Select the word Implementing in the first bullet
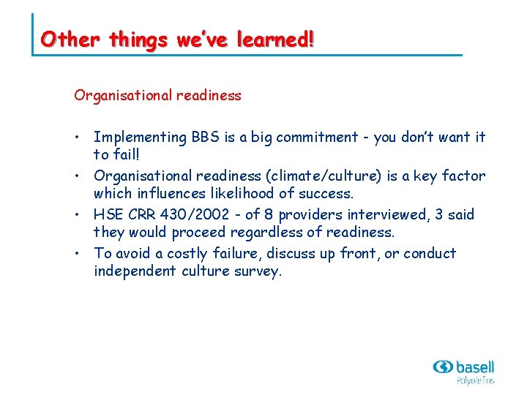point(141,138)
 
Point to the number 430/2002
point(195,215)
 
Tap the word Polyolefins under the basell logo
point(475,381)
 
